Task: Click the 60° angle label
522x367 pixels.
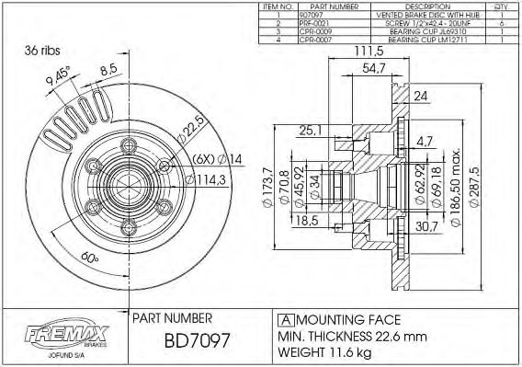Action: [x=90, y=258]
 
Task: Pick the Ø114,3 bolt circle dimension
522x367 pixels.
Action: [x=210, y=180]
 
